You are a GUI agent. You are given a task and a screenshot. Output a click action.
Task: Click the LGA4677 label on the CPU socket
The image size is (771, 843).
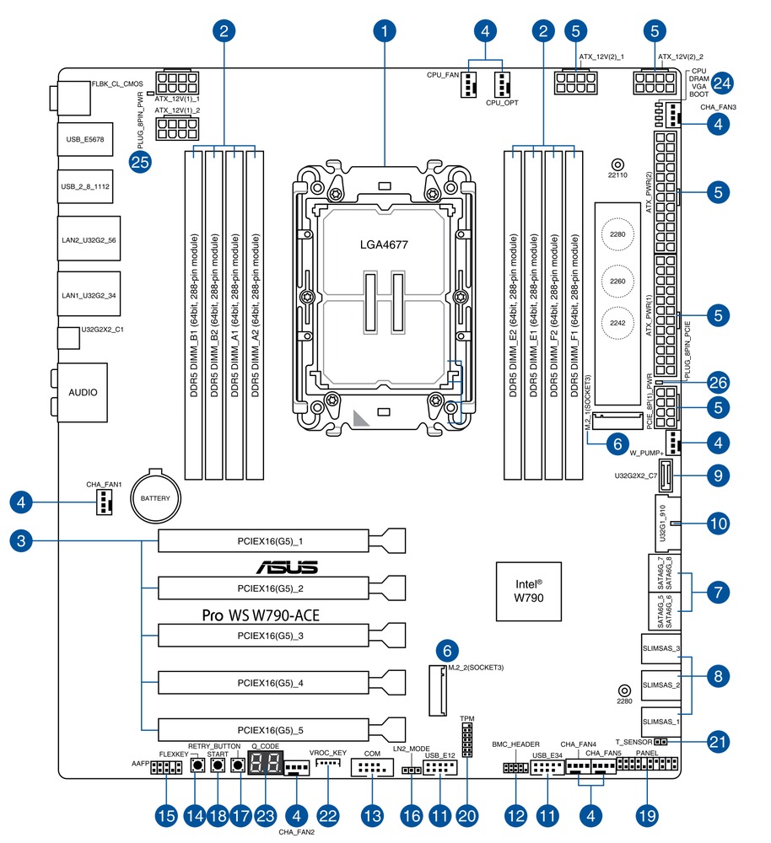tap(385, 244)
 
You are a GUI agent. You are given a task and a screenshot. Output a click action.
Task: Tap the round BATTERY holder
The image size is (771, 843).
tap(155, 498)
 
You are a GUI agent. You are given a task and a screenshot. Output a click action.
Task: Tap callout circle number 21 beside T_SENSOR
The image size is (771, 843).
tap(717, 742)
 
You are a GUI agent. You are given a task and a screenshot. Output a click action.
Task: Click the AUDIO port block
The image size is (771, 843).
tap(82, 393)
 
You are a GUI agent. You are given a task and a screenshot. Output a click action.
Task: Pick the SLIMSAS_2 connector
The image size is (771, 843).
tap(660, 685)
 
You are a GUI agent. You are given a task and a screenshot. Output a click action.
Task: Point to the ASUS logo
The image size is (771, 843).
tap(287, 566)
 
